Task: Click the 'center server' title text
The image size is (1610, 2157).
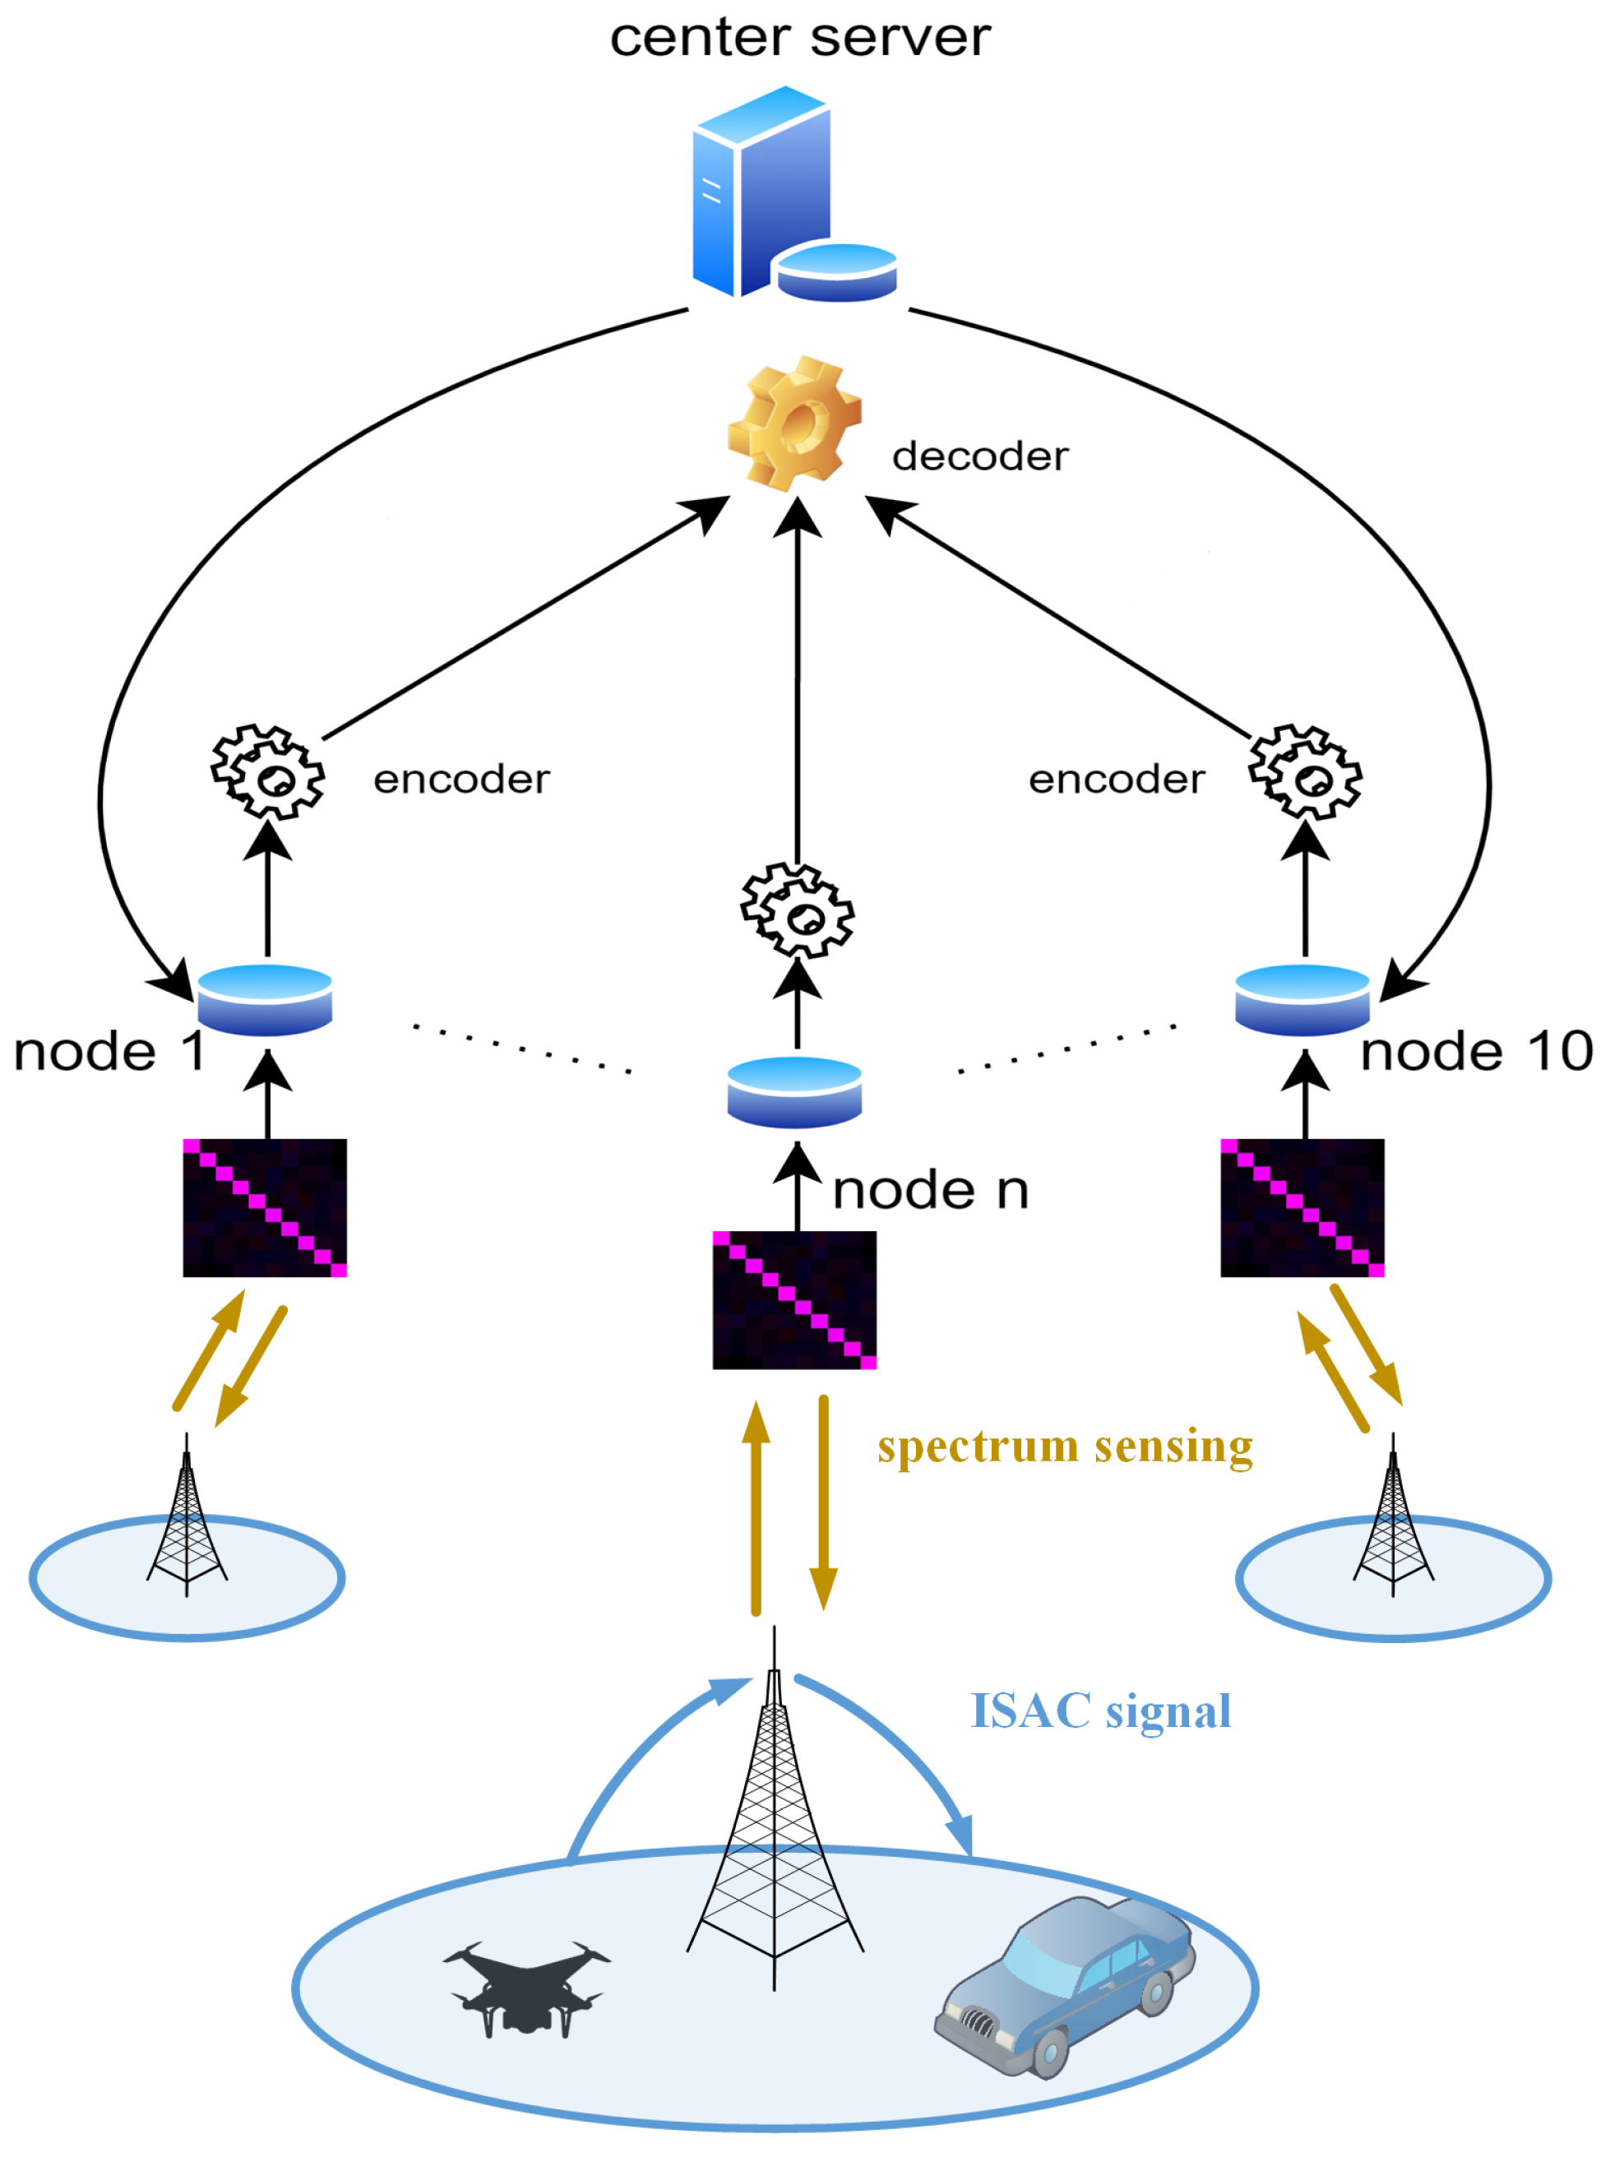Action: (799, 39)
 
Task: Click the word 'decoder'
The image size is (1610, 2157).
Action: (979, 457)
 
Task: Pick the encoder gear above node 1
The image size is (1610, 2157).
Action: (268, 771)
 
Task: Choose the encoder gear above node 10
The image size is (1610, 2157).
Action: (1305, 771)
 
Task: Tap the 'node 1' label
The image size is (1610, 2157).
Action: (109, 1052)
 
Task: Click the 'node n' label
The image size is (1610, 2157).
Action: (930, 1190)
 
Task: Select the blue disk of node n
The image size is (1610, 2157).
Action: (794, 1092)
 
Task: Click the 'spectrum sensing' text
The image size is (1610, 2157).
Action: (1064, 1446)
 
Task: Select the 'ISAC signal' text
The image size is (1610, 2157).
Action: (1100, 1710)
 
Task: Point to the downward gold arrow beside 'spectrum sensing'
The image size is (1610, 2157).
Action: (824, 1501)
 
